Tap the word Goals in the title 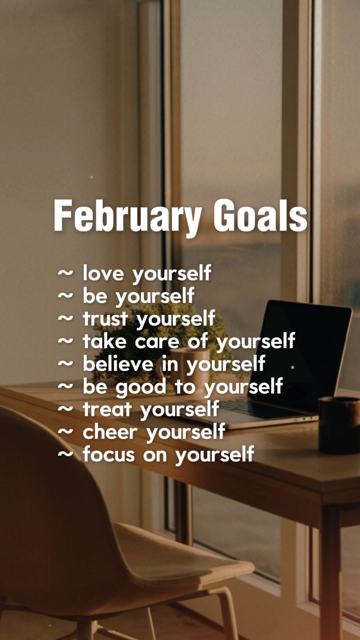[260, 215]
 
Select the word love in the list [103, 273]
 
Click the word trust [105, 318]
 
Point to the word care [157, 342]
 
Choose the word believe [118, 364]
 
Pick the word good [141, 388]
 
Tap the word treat [107, 409]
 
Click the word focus [109, 454]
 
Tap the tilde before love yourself [66, 273]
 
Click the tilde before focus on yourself [66, 454]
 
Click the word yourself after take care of [256, 342]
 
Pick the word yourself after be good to [243, 387]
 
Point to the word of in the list [198, 341]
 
